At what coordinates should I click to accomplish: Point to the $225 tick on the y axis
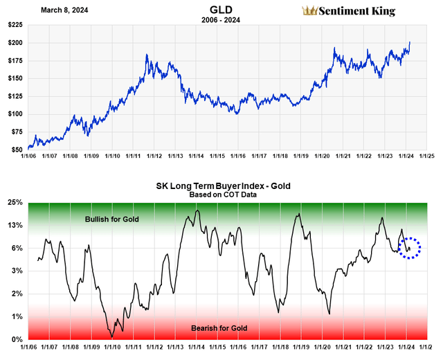click(14, 25)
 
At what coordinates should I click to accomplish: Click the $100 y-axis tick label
click(14, 114)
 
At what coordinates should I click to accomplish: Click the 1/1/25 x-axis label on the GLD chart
click(425, 156)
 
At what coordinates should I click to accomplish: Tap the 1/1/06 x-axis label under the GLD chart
click(29, 156)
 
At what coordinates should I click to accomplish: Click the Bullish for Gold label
click(112, 219)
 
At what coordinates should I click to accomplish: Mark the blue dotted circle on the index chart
click(410, 247)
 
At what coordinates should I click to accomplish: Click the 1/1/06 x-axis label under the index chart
click(29, 347)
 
